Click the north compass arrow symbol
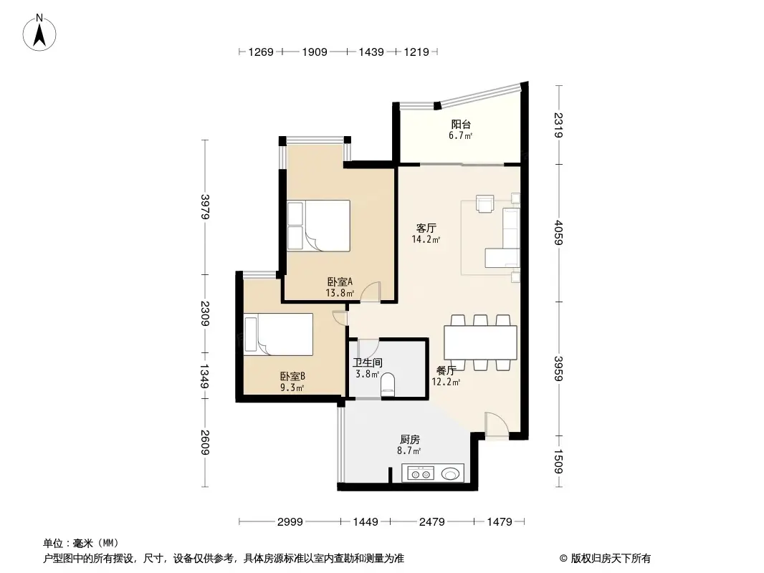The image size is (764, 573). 41,32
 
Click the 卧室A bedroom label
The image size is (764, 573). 340,281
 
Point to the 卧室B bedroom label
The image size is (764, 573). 292,376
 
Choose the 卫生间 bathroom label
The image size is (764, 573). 366,362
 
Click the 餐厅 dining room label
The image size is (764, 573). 446,371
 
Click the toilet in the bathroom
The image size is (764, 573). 388,385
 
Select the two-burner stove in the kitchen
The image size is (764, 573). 420,473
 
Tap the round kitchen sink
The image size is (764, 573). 451,473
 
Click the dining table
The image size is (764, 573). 480,343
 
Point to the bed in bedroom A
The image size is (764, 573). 318,225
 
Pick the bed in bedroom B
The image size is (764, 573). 279,334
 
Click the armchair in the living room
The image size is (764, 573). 486,204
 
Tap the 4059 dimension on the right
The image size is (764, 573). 559,232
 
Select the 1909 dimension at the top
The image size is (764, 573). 315,52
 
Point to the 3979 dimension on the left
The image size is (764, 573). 205,208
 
